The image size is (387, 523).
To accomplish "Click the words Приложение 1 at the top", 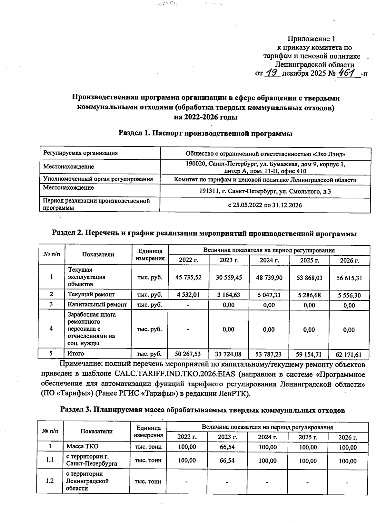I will (x=311, y=39).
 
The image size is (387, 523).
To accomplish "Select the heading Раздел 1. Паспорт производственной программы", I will (x=205, y=133).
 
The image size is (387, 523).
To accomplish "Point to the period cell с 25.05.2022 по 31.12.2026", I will (x=265, y=205).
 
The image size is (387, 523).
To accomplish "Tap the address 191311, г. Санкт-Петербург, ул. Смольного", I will (x=265, y=191).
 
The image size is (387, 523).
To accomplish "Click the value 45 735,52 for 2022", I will (x=188, y=277).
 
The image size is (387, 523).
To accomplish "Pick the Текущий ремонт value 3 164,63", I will (x=229, y=295).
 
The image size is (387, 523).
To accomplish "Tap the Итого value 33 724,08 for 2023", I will (x=228, y=354).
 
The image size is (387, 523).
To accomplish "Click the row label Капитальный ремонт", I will (x=97, y=304).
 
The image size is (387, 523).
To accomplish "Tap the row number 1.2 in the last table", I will (x=50, y=481).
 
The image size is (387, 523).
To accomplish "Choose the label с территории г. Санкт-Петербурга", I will (x=92, y=460).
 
